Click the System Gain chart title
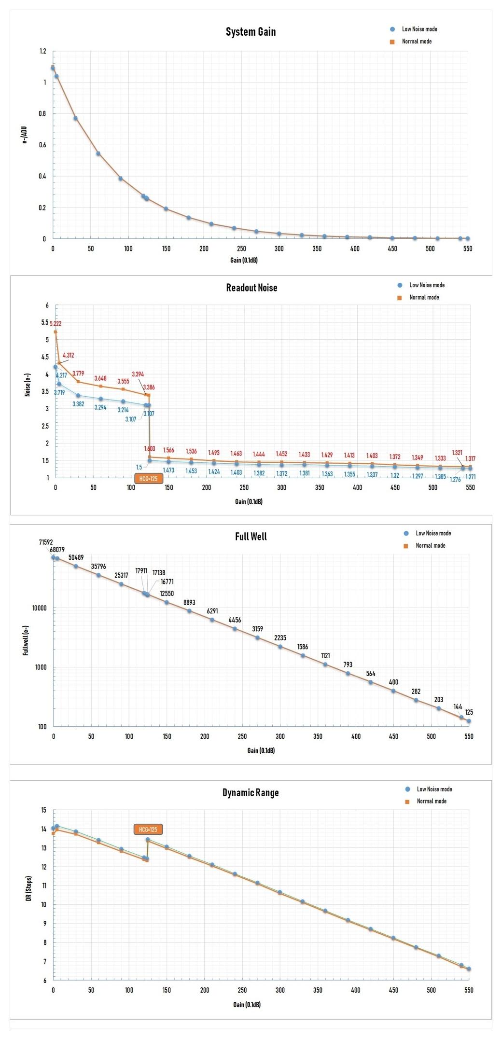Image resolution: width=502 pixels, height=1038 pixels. pos(251,32)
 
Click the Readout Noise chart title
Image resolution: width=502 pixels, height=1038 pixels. pos(251,288)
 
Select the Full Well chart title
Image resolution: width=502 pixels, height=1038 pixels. pos(251,536)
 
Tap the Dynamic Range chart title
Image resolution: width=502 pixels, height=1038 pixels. pos(251,792)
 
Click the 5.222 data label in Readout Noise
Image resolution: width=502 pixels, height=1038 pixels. pos(56,323)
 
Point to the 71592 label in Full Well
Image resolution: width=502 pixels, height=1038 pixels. pos(46,542)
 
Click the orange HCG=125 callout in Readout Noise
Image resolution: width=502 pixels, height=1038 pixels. pos(148,479)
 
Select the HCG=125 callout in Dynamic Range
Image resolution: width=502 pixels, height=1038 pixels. pos(148,830)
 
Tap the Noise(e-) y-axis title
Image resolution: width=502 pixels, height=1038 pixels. pos(28,385)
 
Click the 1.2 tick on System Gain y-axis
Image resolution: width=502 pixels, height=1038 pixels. pos(43,51)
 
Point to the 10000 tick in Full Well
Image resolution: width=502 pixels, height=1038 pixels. pos(40,608)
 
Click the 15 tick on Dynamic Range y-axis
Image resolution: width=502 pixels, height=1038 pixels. pos(43,810)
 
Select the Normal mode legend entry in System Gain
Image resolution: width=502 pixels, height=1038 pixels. pos(417,42)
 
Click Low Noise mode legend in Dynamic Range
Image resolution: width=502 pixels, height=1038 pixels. pos(434,789)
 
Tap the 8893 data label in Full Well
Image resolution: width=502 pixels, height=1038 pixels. pos(189,602)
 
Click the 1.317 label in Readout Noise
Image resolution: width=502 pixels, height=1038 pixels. pos(470,458)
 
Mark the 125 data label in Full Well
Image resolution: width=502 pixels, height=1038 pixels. pos(469,712)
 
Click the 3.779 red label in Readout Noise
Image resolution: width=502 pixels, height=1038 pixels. pos(78,374)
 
